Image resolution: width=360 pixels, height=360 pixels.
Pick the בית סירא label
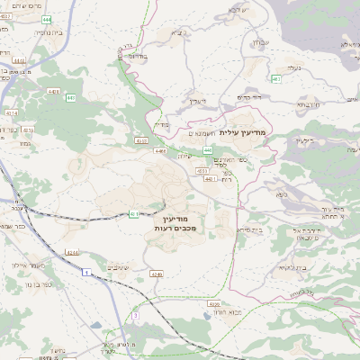[225, 230]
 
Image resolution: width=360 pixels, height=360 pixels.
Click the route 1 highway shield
[85, 271]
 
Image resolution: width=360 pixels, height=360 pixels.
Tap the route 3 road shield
[135, 316]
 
